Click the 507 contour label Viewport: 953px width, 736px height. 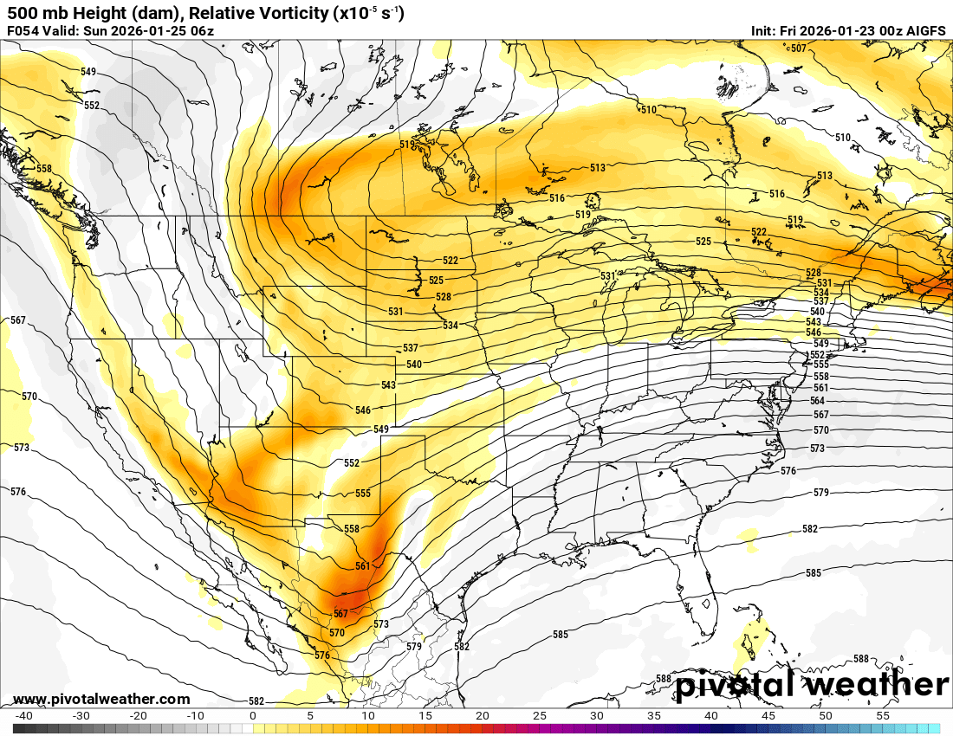point(798,48)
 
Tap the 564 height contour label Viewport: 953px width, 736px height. point(818,402)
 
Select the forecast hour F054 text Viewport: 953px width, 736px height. point(23,31)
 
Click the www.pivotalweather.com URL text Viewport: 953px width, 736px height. point(101,700)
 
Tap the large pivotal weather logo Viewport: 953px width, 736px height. point(812,685)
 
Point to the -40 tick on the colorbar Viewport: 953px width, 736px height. point(24,716)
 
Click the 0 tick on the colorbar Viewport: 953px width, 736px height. point(253,716)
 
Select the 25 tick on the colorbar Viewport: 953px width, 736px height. point(540,716)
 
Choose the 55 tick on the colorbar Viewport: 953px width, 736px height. point(883,716)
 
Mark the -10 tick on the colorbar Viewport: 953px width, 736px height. point(196,716)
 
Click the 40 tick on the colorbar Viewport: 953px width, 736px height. point(711,716)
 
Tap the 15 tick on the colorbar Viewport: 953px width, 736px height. point(425,716)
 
